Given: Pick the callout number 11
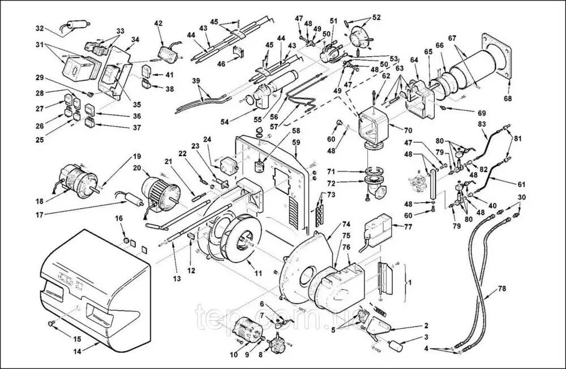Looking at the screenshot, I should click(258, 273).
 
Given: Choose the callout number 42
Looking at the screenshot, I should click(158, 23).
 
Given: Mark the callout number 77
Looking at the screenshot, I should click(407, 226).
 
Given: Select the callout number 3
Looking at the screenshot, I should click(426, 337).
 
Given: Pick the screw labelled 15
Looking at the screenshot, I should click(52, 323).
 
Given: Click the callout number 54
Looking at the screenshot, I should click(224, 121).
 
